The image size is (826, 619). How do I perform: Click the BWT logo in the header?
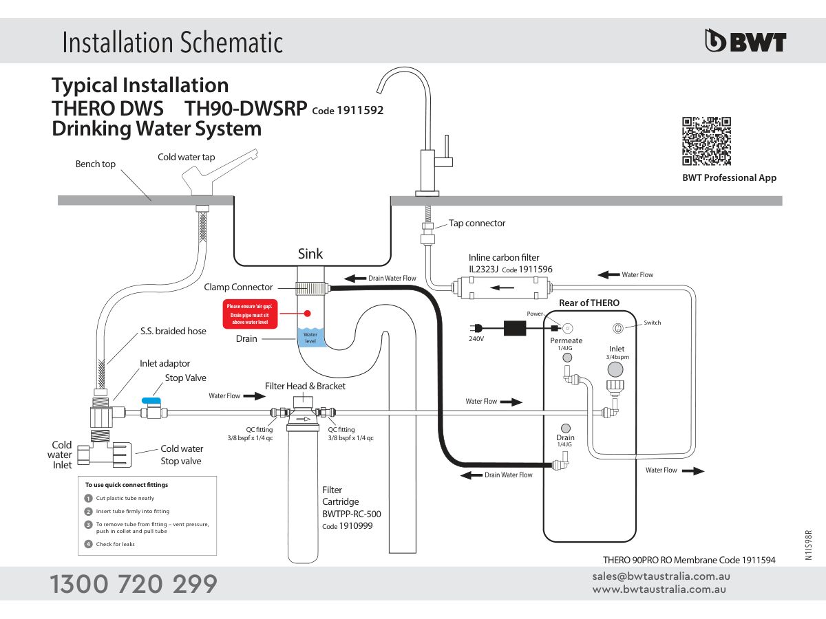tap(745, 42)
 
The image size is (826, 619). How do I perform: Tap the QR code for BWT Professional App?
tap(706, 142)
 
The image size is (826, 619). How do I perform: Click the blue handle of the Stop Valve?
tap(151, 400)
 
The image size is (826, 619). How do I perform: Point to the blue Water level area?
tap(310, 338)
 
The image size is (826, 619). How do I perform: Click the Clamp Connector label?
tap(238, 287)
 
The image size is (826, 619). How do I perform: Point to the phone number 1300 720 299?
tap(134, 584)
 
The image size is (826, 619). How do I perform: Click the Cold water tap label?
tap(186, 157)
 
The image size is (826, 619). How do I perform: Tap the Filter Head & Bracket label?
tap(305, 386)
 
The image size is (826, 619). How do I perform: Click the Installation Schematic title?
tap(172, 43)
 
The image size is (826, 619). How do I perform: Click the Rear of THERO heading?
tap(589, 303)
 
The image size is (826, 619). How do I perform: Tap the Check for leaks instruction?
tap(115, 544)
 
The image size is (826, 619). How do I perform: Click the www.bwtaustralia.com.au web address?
tap(659, 589)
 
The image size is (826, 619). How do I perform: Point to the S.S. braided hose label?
tap(173, 331)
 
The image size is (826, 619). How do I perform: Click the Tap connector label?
tap(476, 223)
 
